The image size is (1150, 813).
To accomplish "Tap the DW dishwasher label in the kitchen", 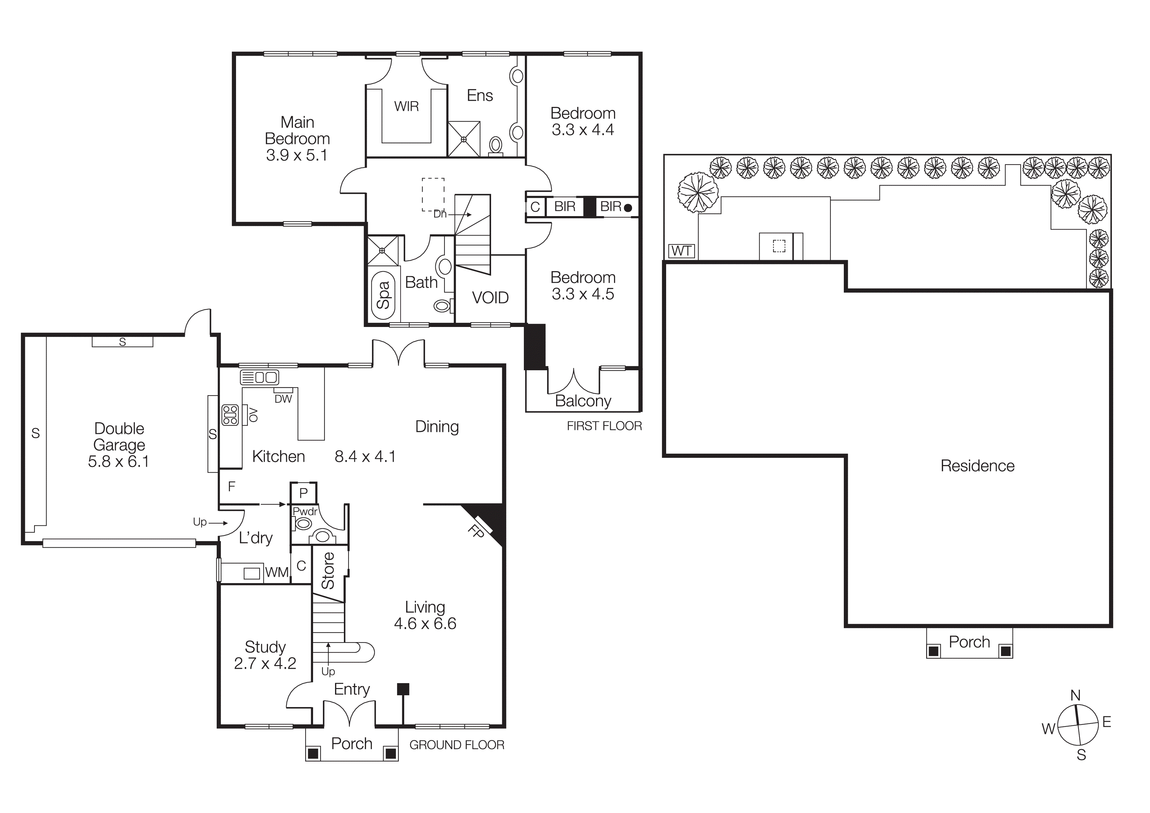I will point(283,399).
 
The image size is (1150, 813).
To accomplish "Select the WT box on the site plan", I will point(681,251).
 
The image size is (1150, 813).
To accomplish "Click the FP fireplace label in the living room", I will point(476,531).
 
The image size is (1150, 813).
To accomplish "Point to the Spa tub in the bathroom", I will point(383,295).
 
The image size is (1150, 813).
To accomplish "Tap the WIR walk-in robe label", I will point(406,106).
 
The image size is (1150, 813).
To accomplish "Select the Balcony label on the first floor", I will point(583,401).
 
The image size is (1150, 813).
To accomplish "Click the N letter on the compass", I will point(1075,695).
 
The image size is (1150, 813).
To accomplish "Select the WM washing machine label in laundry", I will point(276,573).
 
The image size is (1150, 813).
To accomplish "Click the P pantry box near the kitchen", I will point(303,493).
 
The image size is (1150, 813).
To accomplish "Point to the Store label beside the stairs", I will point(327,571).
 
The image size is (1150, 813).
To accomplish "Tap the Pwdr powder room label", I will point(305,511).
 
